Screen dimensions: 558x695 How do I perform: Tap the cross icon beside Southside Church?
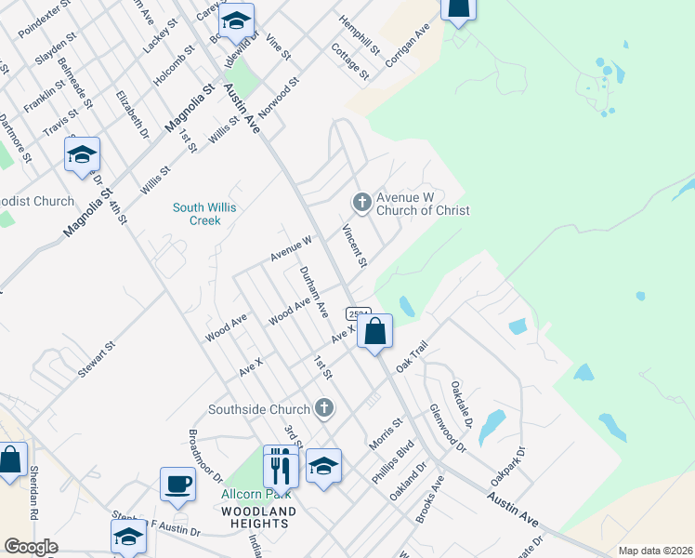coord(324,407)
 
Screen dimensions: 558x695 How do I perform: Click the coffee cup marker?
coord(177,485)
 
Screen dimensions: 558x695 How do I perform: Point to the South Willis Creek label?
coord(199,214)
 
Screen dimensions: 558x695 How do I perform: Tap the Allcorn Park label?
coord(244,495)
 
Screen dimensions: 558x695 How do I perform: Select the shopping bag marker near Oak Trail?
coord(374,332)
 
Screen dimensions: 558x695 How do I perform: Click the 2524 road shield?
coord(359,313)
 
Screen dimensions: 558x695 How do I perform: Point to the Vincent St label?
coord(354,246)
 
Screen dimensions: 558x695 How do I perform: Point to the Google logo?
coord(32,547)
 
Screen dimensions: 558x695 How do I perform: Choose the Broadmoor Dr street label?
coord(205,455)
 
